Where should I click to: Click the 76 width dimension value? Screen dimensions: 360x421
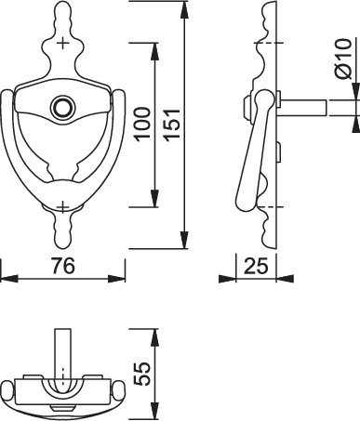click(x=63, y=266)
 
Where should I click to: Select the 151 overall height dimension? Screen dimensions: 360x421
click(x=172, y=125)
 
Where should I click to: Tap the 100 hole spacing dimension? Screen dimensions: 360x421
click(x=143, y=124)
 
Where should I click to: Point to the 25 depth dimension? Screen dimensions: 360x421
click(x=256, y=266)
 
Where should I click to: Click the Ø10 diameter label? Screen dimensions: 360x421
click(x=343, y=59)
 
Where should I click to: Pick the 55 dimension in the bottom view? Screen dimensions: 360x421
click(x=142, y=374)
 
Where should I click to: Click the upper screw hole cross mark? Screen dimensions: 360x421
click(x=63, y=43)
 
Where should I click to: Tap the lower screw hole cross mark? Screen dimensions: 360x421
click(x=63, y=207)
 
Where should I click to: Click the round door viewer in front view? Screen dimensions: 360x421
click(x=62, y=107)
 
